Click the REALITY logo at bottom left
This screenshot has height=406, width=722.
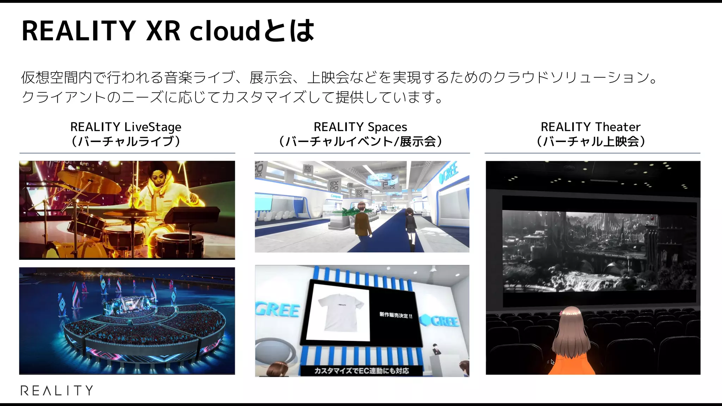tap(57, 390)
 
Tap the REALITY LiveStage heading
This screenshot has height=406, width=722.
tap(126, 127)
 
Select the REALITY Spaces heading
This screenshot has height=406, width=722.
tap(360, 127)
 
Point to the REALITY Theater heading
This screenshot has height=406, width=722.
tap(591, 127)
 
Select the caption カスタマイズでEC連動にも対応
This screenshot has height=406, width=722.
tap(361, 371)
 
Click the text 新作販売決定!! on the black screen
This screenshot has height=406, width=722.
tap(396, 315)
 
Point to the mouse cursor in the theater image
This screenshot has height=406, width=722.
tap(552, 362)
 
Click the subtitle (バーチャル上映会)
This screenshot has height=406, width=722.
tap(591, 142)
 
